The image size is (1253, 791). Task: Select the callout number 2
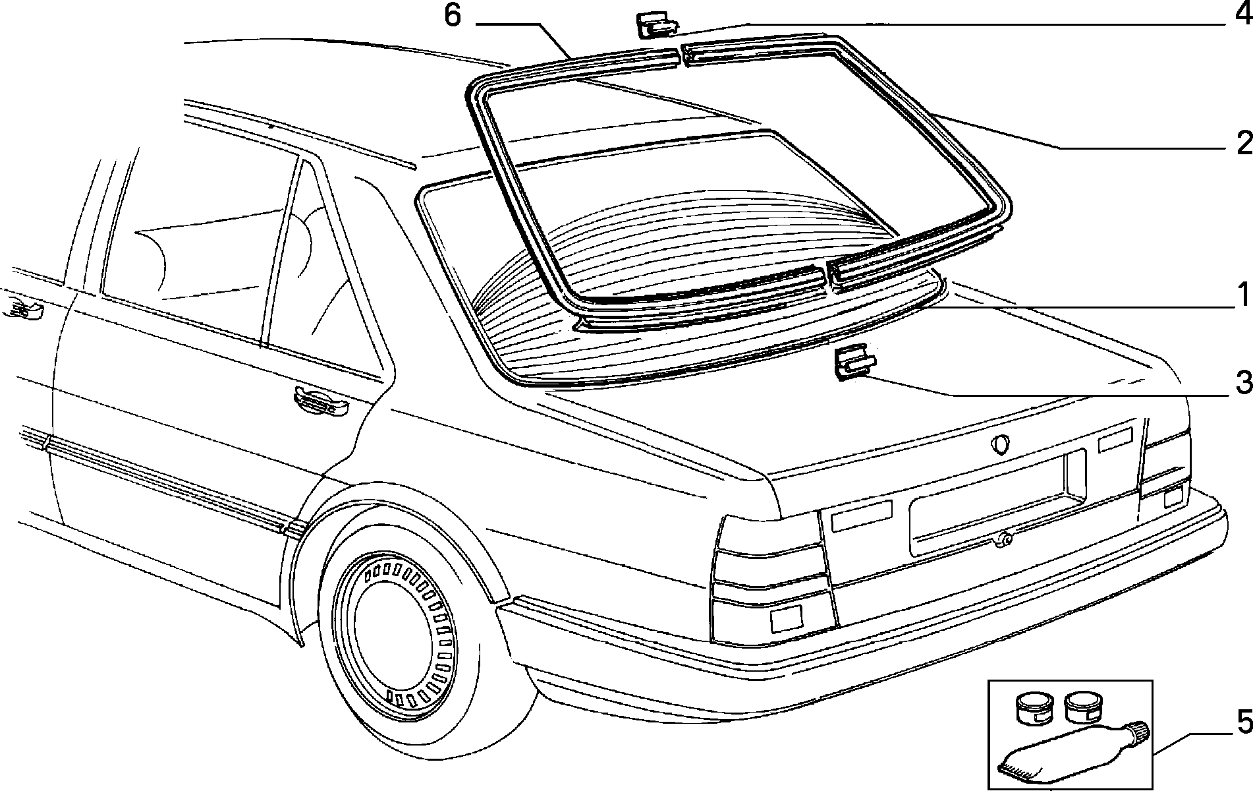(1243, 143)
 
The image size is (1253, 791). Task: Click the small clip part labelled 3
(854, 364)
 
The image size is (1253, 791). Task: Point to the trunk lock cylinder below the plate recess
(1005, 539)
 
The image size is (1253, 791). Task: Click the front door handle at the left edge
(22, 308)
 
